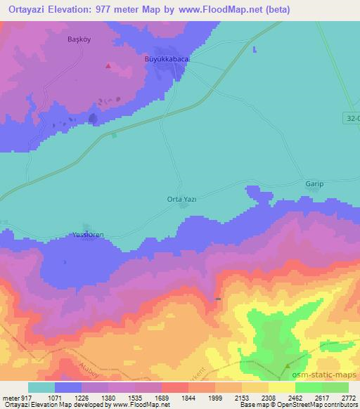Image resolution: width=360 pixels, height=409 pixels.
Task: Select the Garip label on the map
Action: coord(314,184)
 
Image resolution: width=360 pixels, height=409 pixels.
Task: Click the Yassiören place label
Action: coord(89,235)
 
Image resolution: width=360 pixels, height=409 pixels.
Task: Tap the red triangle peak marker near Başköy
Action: coord(108,65)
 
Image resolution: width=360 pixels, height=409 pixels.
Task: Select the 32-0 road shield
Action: coord(352,119)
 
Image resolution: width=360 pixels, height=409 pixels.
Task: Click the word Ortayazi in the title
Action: coord(27,11)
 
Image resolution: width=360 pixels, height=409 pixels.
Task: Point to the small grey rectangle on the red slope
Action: coord(218,299)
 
